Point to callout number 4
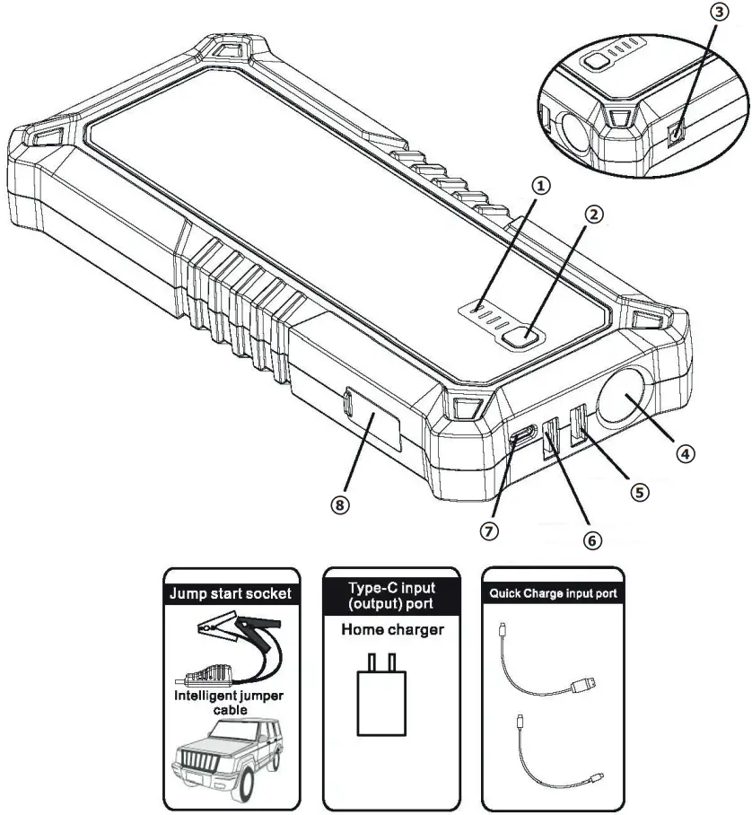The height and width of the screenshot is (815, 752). click(685, 453)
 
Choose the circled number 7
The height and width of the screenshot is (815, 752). click(489, 530)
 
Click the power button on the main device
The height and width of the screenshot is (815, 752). click(522, 338)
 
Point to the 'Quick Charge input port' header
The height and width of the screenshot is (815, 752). click(551, 593)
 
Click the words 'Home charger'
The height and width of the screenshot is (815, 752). click(392, 630)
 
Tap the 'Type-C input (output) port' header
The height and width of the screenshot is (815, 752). click(391, 593)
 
